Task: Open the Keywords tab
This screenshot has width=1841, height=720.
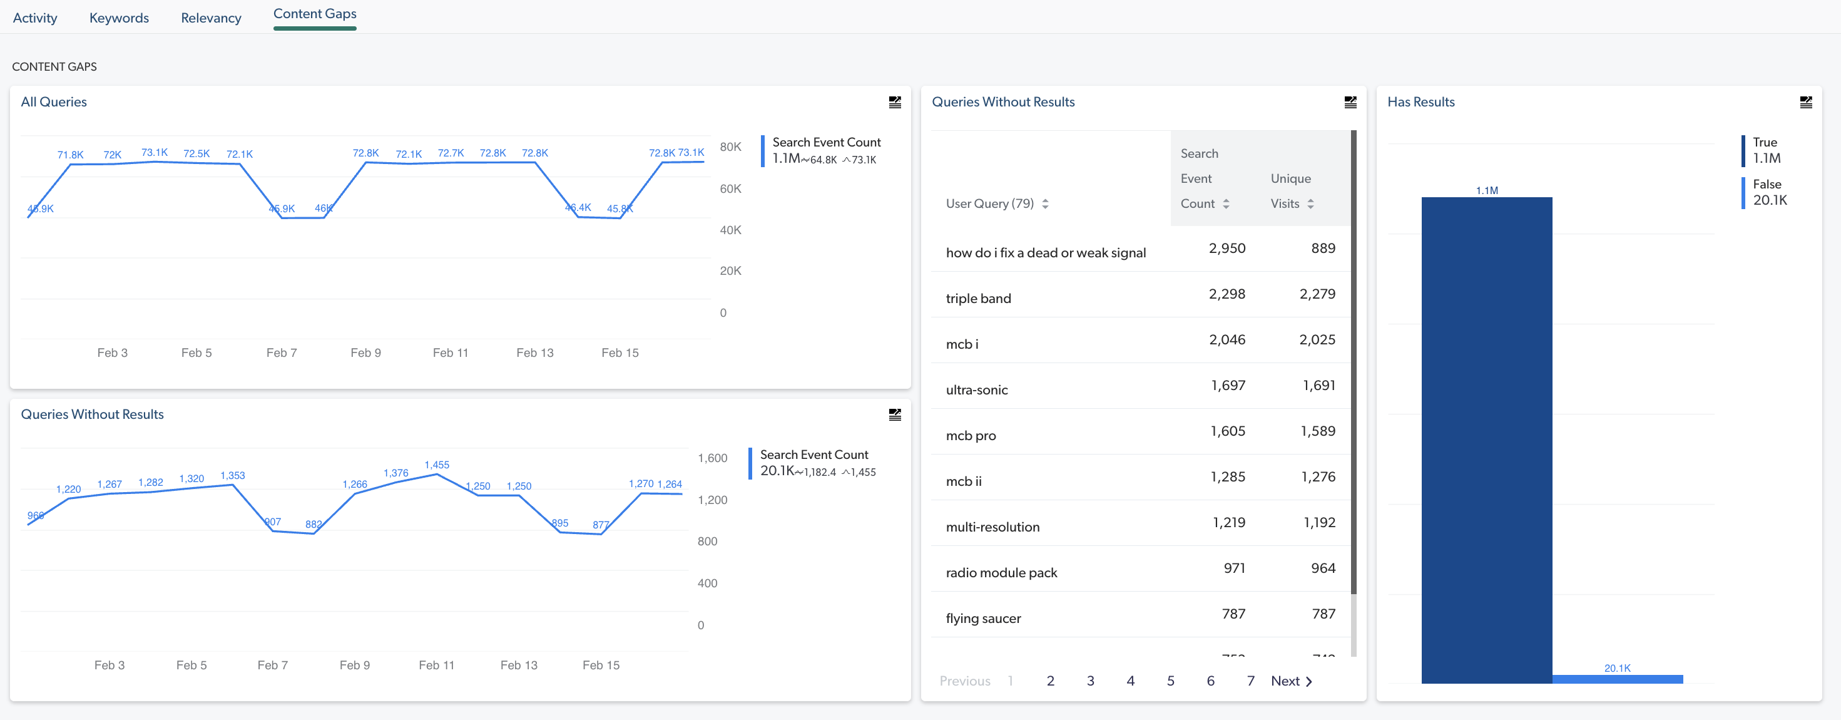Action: tap(119, 18)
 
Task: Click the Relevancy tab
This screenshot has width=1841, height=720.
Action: tap(211, 18)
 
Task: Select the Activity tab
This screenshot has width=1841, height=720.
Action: tap(35, 18)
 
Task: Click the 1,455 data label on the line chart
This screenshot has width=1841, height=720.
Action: tap(437, 465)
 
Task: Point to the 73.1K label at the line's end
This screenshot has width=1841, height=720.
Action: tap(690, 152)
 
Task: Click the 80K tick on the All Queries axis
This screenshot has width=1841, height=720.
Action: tap(730, 147)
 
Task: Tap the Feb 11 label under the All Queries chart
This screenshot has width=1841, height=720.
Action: tap(451, 352)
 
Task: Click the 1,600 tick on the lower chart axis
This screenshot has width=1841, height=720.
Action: tap(712, 458)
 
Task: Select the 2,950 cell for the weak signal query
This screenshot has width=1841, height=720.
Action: tap(1226, 248)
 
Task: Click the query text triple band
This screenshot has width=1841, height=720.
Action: tap(977, 298)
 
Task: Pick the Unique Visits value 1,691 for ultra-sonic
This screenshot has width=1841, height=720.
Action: tap(1318, 386)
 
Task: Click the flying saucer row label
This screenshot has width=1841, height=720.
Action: tap(982, 619)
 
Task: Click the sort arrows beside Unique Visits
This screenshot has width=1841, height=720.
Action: tap(1310, 203)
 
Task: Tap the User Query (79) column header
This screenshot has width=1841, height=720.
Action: tap(989, 203)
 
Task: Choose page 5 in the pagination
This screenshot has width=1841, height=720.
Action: tap(1170, 681)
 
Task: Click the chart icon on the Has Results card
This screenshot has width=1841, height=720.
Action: tap(1805, 102)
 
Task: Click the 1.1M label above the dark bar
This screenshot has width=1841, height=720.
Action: tap(1487, 190)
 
